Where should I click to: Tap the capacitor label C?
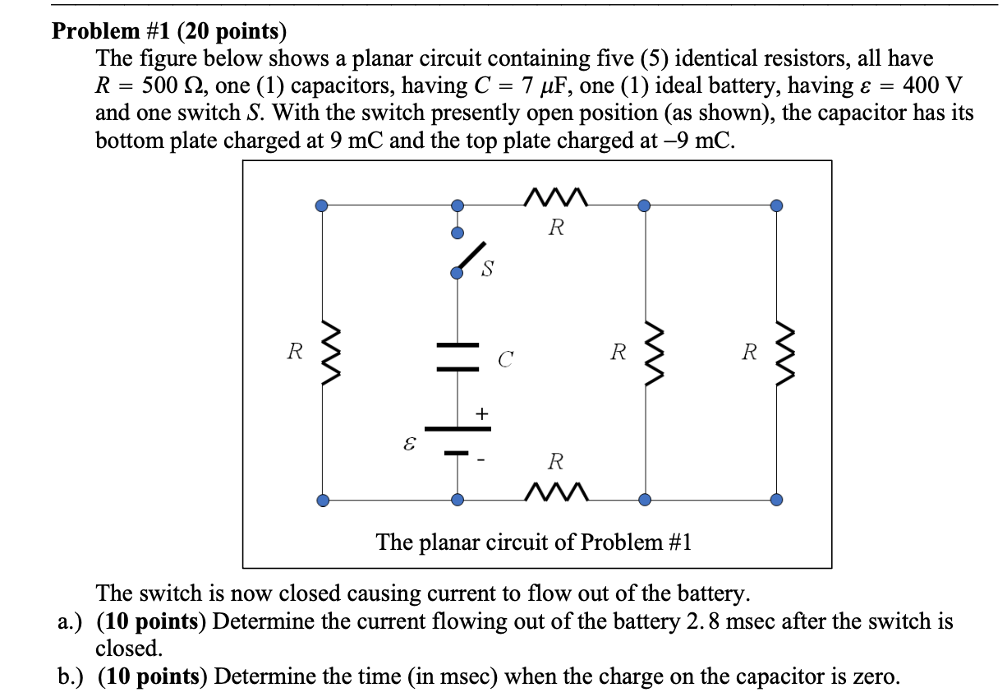point(505,358)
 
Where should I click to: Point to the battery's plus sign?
point(481,413)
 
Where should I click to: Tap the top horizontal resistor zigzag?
point(555,198)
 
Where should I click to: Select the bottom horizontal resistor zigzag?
point(555,492)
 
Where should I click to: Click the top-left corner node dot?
point(323,205)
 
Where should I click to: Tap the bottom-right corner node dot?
point(776,499)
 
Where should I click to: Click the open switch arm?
point(472,256)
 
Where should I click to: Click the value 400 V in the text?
point(932,85)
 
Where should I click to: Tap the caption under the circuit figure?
point(534,542)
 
